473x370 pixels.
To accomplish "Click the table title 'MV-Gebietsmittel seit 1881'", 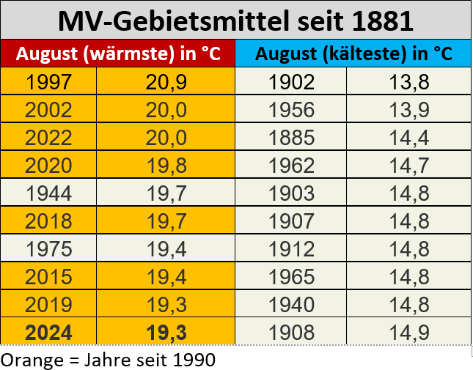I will point(235,21).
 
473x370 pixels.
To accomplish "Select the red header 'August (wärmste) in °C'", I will point(117,53).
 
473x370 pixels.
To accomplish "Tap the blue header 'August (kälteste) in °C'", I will point(353,53).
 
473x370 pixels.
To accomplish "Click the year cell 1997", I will point(48,83).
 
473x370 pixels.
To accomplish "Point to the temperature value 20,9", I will point(166,83).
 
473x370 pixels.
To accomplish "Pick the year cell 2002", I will point(48,111).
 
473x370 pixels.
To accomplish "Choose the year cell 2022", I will point(48,138).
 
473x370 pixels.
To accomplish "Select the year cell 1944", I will point(48,194).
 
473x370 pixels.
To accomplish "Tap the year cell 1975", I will point(48,250).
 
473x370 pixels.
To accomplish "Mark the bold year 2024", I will point(48,333).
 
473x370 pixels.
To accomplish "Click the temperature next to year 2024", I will point(166,333).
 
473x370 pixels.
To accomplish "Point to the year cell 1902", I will point(291,83).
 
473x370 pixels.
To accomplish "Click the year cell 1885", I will point(291,138).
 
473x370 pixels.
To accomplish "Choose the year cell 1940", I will point(291,305).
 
